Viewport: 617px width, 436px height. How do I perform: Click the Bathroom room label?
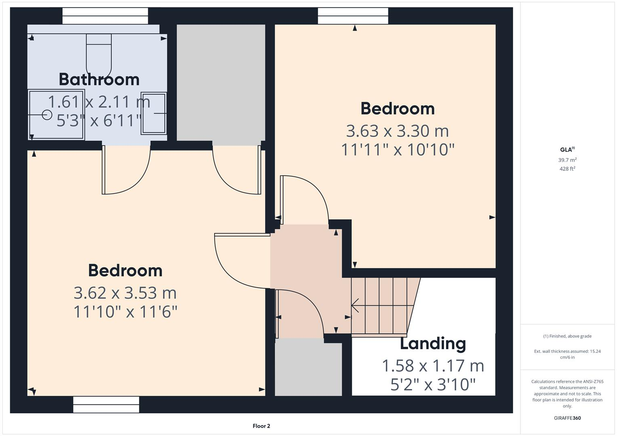(99, 80)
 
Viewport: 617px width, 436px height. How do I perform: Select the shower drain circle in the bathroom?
(47, 115)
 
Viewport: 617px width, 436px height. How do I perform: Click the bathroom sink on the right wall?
(154, 113)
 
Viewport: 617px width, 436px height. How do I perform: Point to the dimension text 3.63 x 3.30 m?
(398, 131)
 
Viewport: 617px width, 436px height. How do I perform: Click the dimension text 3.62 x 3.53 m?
(125, 293)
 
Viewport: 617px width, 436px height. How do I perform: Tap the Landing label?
(433, 344)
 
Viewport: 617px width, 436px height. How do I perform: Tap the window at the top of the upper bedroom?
(353, 16)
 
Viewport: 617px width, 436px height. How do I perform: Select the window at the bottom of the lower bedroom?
(106, 404)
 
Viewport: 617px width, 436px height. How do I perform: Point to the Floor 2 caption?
(261, 426)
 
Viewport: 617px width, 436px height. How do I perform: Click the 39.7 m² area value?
(567, 160)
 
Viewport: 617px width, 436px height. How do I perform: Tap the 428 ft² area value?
(567, 169)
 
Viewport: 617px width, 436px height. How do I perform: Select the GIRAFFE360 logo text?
(567, 418)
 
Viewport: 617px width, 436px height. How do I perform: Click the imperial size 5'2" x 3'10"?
(433, 385)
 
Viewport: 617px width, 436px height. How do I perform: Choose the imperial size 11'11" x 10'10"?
(398, 150)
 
